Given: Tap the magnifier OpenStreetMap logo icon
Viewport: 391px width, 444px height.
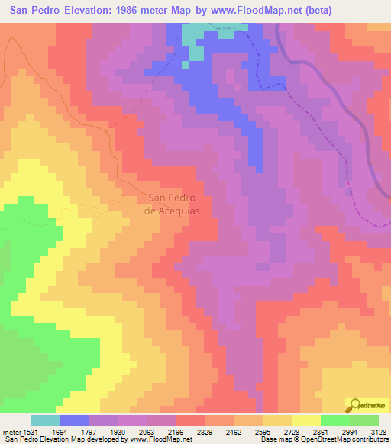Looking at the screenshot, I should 354,405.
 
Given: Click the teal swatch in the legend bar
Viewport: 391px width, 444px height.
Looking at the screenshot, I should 45,420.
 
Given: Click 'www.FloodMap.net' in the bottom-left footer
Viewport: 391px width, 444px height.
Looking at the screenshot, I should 161,440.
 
